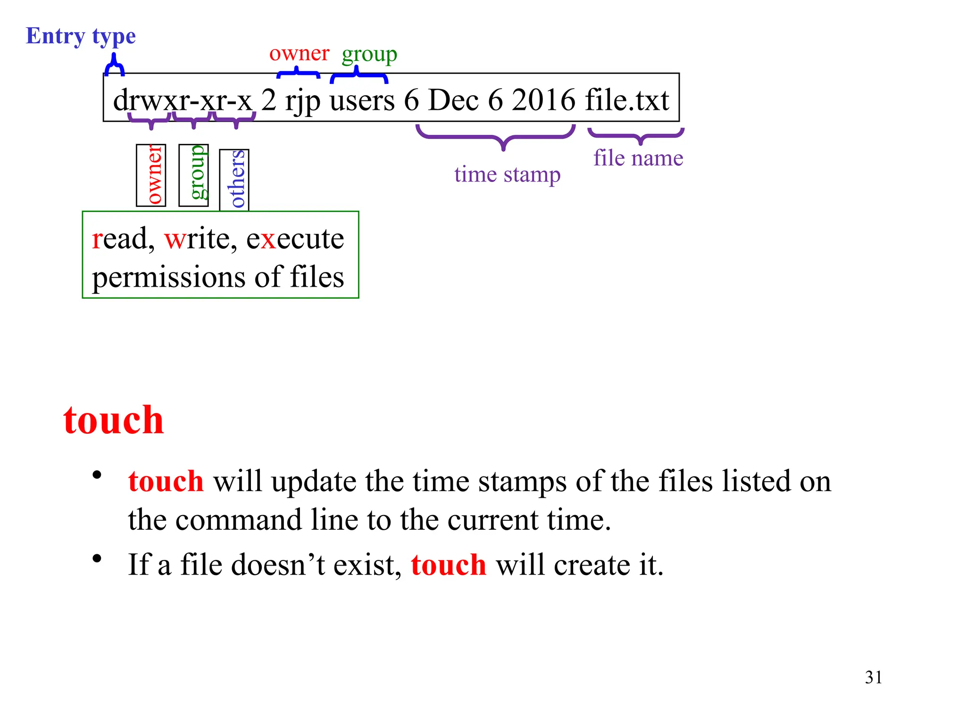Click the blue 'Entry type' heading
click(x=81, y=36)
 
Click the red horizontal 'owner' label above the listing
click(x=299, y=54)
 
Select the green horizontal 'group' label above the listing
click(x=369, y=55)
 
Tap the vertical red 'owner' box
click(x=151, y=175)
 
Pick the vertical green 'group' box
click(x=193, y=175)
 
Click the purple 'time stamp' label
click(x=507, y=175)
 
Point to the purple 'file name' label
click(x=638, y=158)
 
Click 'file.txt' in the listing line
click(x=627, y=100)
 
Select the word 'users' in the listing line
click(x=362, y=100)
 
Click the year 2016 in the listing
click(x=543, y=100)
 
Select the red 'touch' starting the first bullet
click(x=166, y=481)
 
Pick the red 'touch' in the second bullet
click(x=449, y=565)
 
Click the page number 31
click(x=874, y=677)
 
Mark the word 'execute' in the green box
click(x=295, y=239)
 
